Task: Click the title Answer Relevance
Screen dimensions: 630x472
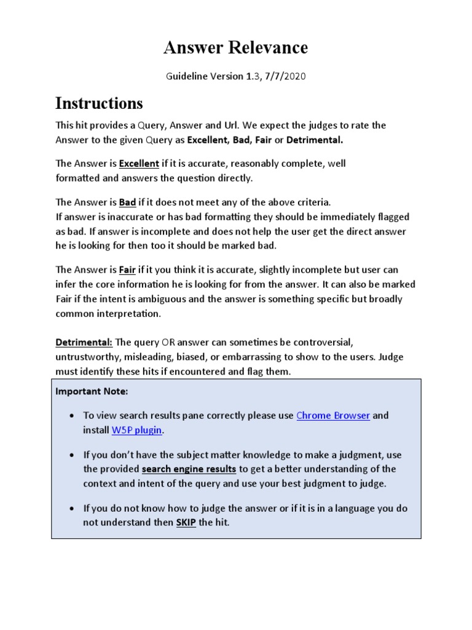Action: click(235, 47)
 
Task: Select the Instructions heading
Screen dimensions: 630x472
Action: click(99, 102)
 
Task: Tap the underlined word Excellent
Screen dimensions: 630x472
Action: click(138, 164)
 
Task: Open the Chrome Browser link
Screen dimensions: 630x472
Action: click(333, 415)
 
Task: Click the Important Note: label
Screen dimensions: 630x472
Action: click(92, 391)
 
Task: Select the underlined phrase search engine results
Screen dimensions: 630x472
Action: click(189, 469)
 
